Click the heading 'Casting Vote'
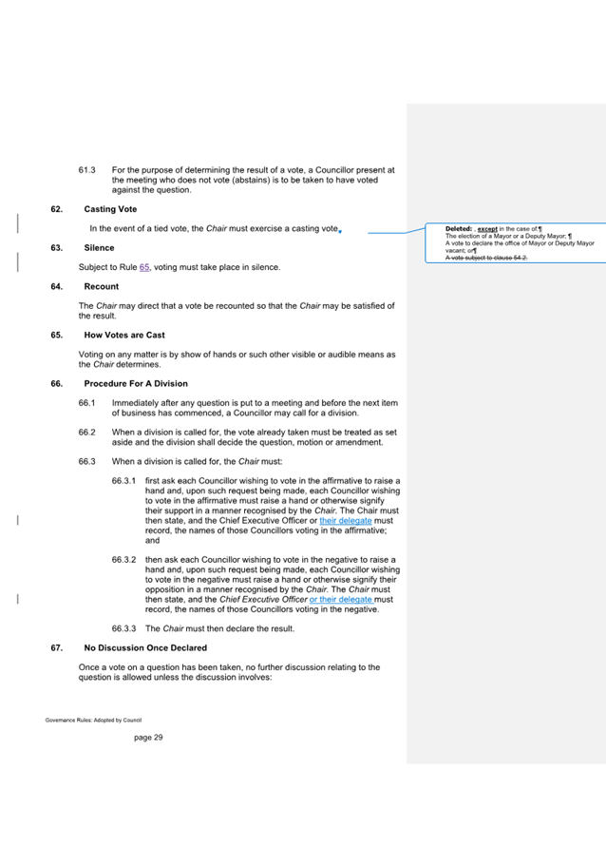[x=110, y=208]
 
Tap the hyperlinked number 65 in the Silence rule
[x=145, y=267]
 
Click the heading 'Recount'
[x=102, y=286]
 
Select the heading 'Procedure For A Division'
[x=136, y=384]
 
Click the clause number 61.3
[x=87, y=170]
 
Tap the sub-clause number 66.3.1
[x=125, y=482]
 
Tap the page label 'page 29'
[x=148, y=737]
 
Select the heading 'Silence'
[x=99, y=247]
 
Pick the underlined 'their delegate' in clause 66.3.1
[x=345, y=521]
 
